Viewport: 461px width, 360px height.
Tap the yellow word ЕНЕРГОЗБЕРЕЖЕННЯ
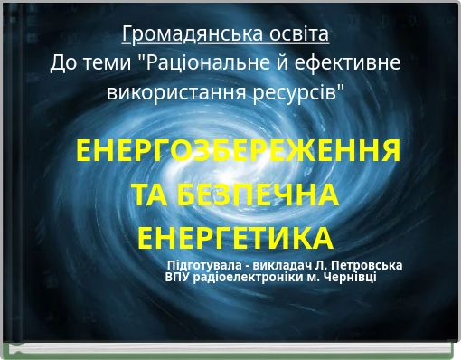point(239,151)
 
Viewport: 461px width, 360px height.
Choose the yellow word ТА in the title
point(150,194)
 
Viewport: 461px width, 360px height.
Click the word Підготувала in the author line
point(205,265)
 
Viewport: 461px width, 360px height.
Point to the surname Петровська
point(365,265)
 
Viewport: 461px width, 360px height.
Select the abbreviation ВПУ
point(179,277)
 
